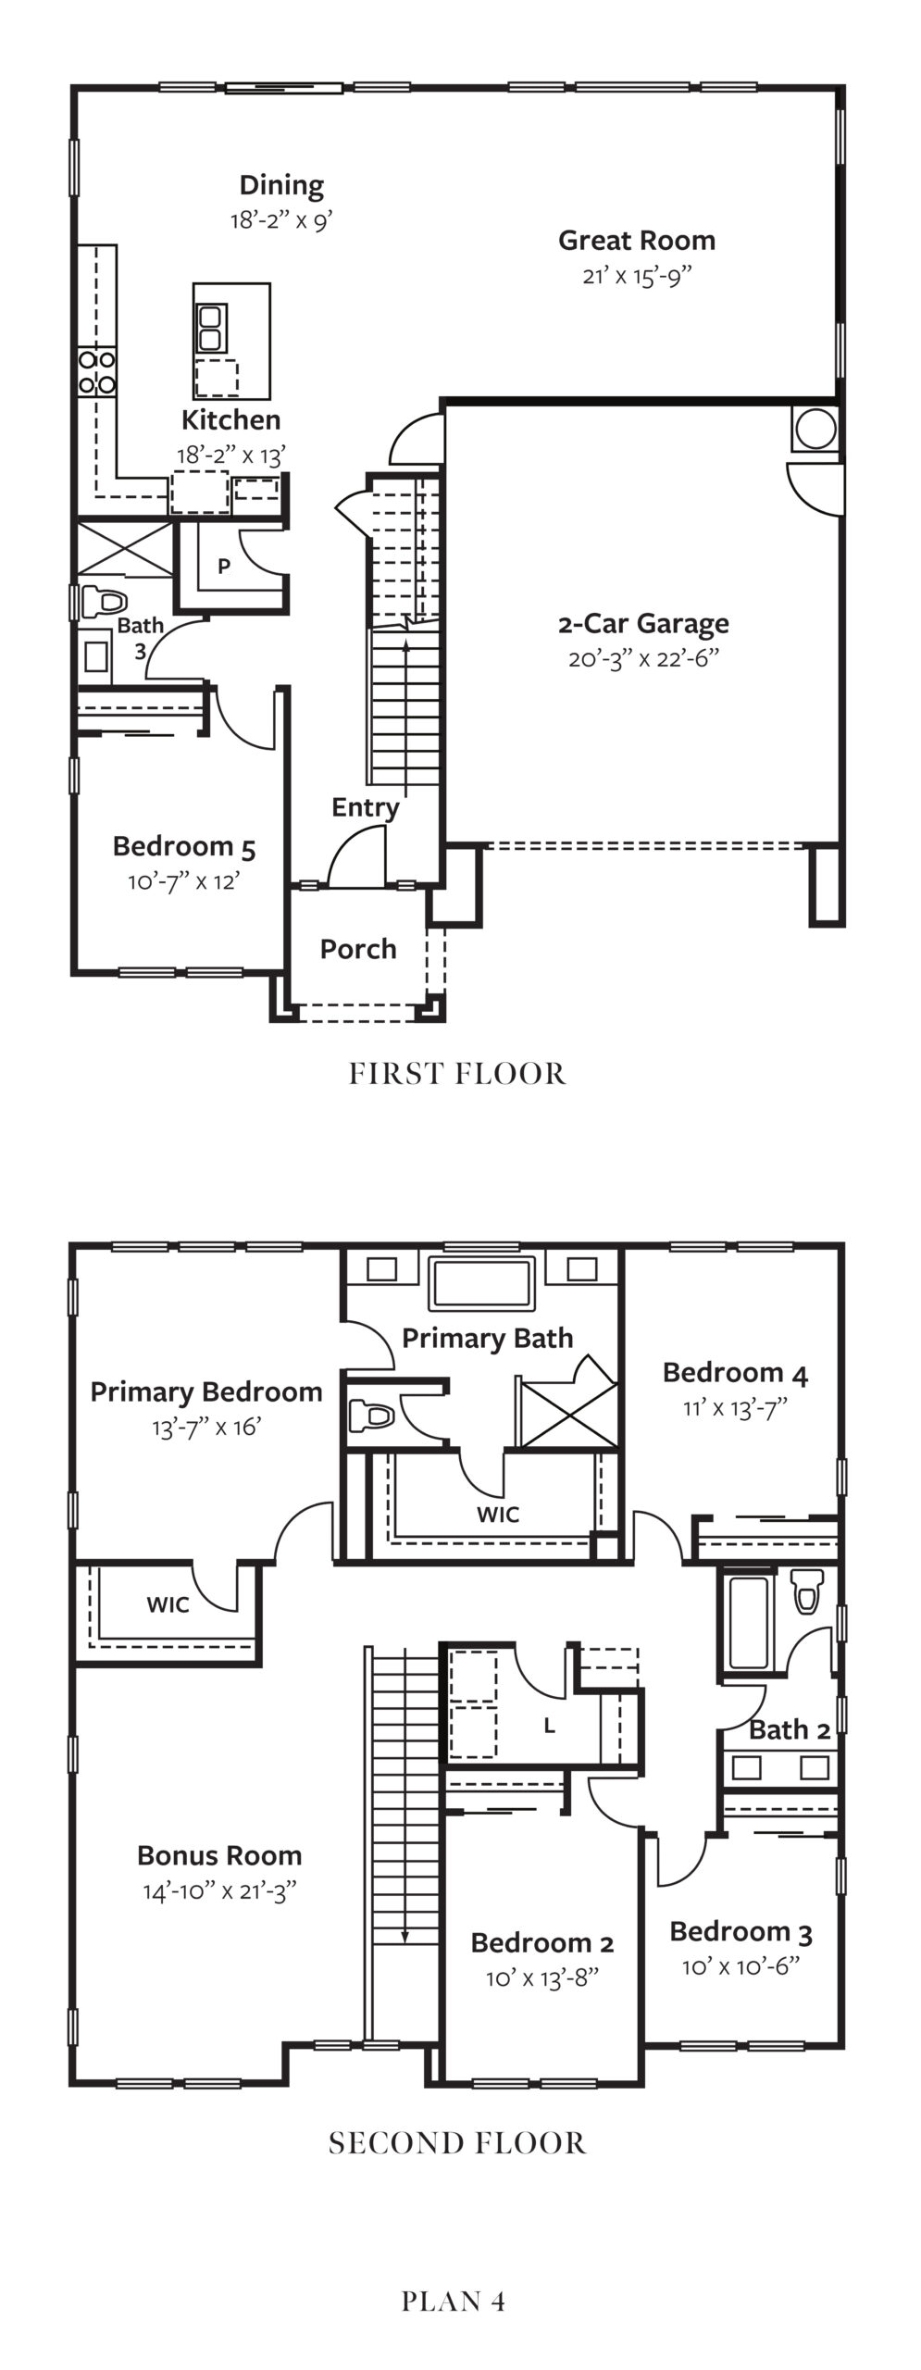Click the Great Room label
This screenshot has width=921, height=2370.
point(636,241)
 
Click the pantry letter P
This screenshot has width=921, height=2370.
point(224,567)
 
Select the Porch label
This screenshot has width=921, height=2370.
point(358,949)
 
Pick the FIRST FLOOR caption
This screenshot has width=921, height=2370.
point(457,1074)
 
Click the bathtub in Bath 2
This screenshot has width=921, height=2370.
point(749,1622)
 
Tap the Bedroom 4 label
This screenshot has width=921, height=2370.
point(735,1373)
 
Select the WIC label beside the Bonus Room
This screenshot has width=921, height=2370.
point(168,1604)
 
